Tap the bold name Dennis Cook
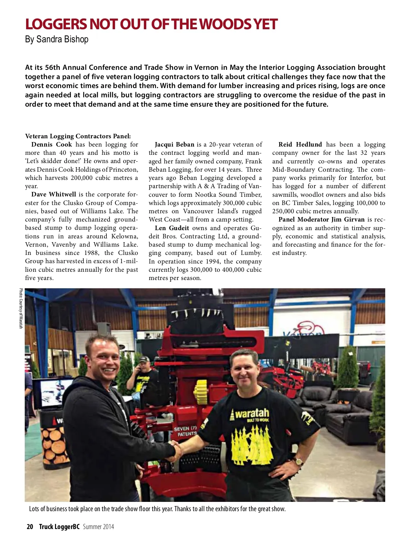[51, 144]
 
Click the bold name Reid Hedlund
[300, 144]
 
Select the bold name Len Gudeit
[172, 228]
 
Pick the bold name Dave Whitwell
[54, 194]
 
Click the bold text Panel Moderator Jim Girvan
[321, 219]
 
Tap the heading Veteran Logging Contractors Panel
[78, 136]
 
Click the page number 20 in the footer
[30, 527]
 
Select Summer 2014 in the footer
[98, 527]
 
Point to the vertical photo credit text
[21, 308]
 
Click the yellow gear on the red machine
[201, 392]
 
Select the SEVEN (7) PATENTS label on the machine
[185, 431]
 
